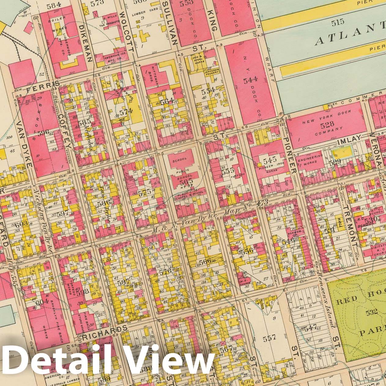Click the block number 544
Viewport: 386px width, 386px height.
pos(251,80)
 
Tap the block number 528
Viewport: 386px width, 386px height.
pos(327,124)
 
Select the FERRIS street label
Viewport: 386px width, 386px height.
pos(46,85)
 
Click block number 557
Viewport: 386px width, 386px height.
pos(269,337)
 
